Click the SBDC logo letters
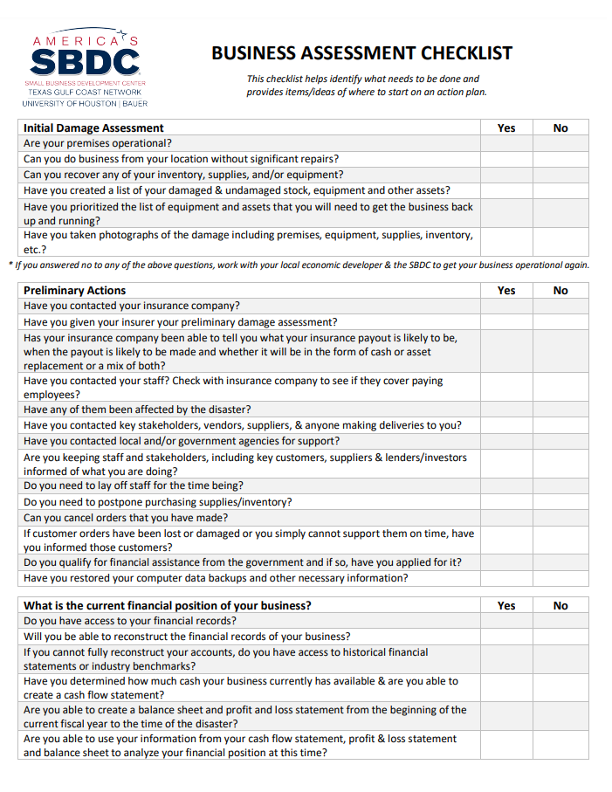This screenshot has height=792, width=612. tap(85, 62)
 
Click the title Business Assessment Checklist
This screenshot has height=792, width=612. tap(361, 54)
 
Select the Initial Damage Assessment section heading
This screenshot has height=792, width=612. tap(93, 127)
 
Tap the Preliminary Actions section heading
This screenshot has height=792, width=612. tap(74, 290)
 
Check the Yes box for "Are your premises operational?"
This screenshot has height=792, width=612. tap(506, 143)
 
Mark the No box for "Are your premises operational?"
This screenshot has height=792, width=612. tap(560, 143)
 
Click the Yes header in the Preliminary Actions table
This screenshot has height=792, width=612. tap(506, 290)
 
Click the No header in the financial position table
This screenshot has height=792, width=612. tap(560, 605)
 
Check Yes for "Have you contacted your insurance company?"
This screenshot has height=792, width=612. tap(506, 306)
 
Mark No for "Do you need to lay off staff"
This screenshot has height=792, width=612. tap(560, 486)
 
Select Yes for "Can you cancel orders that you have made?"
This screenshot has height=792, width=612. tap(506, 518)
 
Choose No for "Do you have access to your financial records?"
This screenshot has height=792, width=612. tap(560, 621)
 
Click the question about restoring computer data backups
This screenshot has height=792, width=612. tap(216, 578)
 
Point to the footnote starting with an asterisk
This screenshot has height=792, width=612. tap(298, 265)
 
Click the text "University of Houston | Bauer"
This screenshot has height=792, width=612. tap(85, 104)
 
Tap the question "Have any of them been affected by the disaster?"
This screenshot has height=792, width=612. tap(137, 410)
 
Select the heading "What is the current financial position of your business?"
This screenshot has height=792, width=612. tap(168, 605)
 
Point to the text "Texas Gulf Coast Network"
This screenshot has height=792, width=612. tap(85, 93)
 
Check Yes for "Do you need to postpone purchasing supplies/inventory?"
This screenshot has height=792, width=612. tap(506, 502)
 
